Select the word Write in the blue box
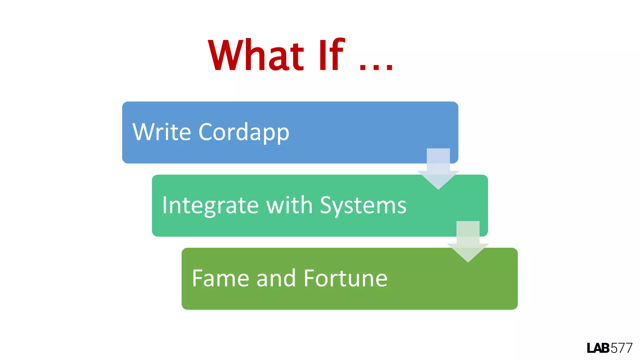[162, 132]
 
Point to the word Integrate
[210, 206]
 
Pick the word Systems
[363, 206]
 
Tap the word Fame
[221, 278]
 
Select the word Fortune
[345, 278]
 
